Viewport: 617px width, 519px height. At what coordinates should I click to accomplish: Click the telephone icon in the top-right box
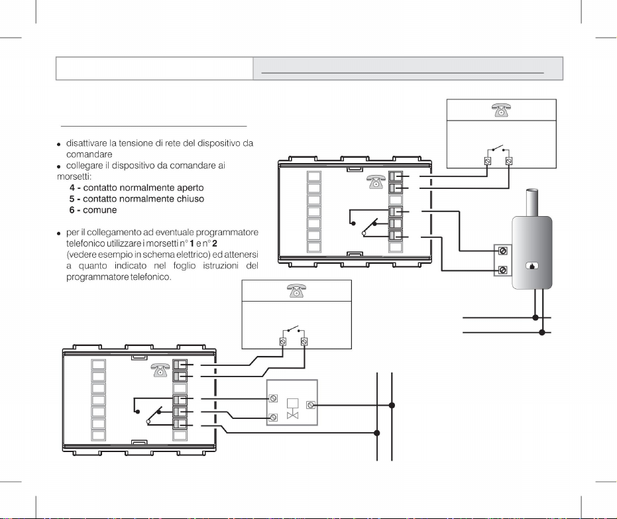pos(502,111)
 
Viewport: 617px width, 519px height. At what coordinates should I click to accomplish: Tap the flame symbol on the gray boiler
pos(532,266)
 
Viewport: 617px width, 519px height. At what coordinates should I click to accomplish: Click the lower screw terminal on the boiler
pos(503,270)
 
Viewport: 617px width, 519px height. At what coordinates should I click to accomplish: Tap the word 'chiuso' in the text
pos(188,199)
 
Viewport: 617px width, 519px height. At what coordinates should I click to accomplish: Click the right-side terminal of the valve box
pos(312,405)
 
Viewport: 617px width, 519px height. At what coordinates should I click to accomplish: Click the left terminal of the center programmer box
pos(283,342)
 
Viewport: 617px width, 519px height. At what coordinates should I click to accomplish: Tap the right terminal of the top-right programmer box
pos(509,161)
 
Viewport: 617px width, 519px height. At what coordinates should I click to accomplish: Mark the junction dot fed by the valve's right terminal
pos(392,405)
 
